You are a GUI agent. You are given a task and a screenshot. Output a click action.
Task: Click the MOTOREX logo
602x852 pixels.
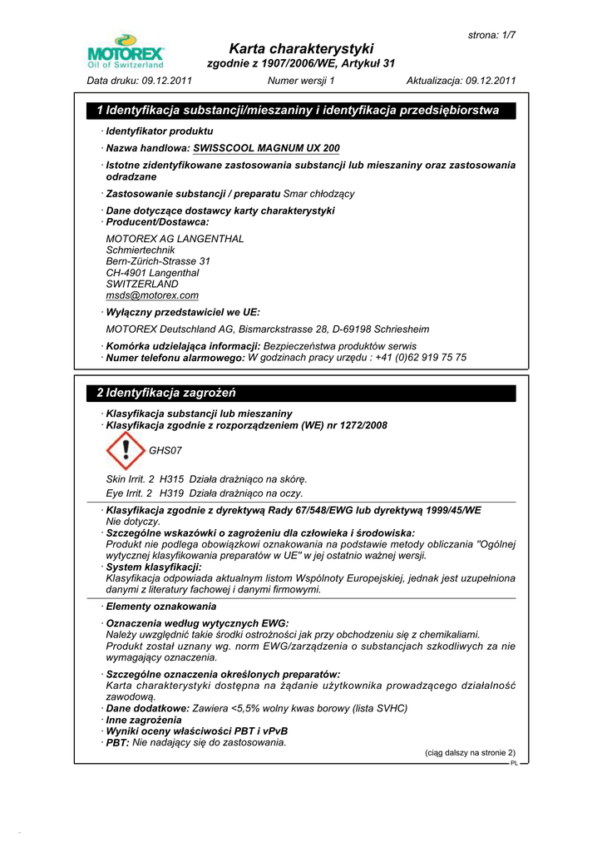[126, 51]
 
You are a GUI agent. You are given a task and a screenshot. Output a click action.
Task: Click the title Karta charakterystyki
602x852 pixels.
[301, 48]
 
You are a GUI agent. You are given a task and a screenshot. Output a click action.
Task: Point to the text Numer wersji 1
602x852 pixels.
[301, 81]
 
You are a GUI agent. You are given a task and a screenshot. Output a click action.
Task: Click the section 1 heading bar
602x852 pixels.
[301, 110]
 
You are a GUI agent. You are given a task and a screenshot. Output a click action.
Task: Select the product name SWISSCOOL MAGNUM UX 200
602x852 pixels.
[266, 148]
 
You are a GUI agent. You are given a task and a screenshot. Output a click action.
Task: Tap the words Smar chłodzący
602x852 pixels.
[319, 194]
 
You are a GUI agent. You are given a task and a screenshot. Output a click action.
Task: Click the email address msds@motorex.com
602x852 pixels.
[152, 295]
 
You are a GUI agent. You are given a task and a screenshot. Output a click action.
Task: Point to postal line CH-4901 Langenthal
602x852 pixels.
[152, 273]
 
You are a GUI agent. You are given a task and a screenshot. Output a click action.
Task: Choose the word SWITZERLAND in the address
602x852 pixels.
[142, 284]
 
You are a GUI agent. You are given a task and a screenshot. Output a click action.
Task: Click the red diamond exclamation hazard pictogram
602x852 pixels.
[126, 450]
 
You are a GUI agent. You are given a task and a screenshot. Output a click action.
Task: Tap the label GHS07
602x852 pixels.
[165, 450]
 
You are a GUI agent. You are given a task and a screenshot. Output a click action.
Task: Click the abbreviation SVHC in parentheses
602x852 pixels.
[391, 708]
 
